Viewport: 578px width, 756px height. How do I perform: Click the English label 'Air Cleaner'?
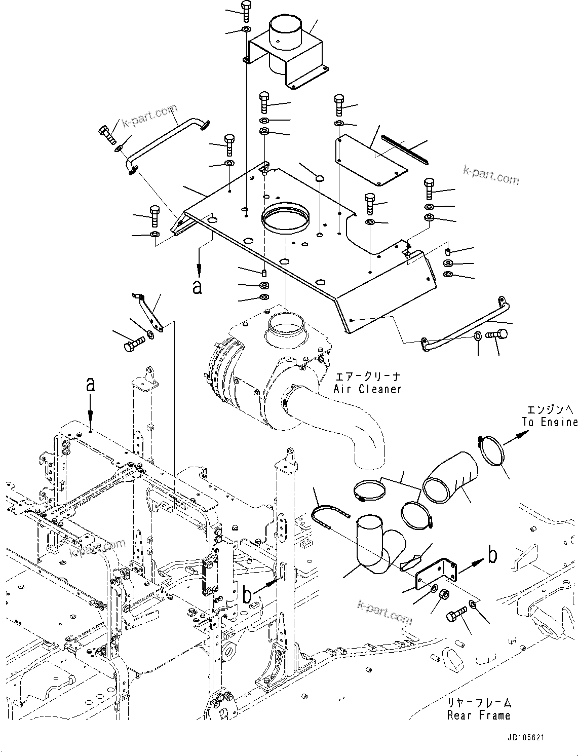click(x=367, y=389)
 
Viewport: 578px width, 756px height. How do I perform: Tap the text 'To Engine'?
click(x=550, y=422)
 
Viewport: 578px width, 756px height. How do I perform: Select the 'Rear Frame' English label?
click(x=478, y=715)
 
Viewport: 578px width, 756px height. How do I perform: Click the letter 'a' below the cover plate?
click(x=198, y=287)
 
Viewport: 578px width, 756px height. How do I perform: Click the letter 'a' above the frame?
click(x=90, y=385)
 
